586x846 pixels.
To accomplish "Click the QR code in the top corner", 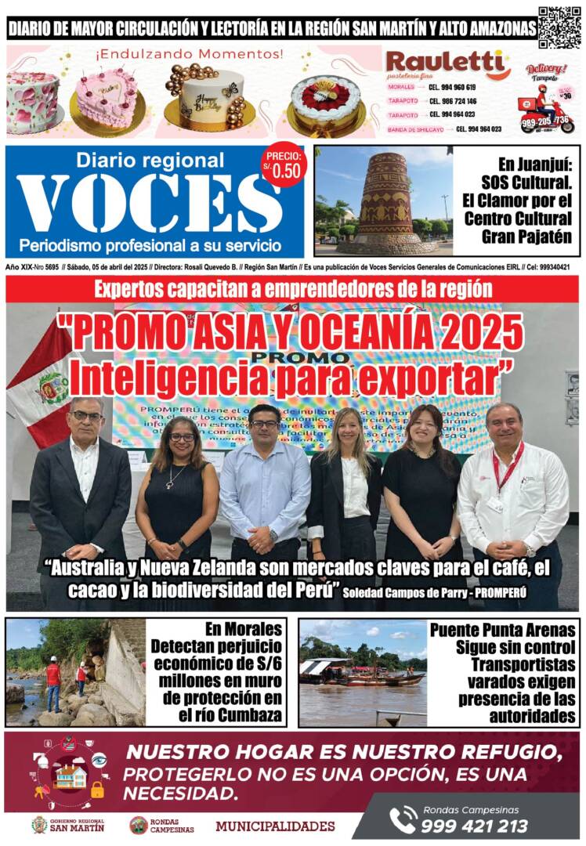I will coord(559,27).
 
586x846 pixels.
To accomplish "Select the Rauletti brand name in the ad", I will coord(447,63).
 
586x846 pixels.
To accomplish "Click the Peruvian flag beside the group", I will coord(42,380).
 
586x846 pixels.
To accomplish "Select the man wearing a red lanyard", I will coord(512,493).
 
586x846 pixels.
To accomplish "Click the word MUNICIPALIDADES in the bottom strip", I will coord(275,826).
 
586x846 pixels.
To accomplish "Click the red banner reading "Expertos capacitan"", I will coord(293,288).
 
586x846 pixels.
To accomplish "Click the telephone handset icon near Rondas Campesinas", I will coord(402,820).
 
